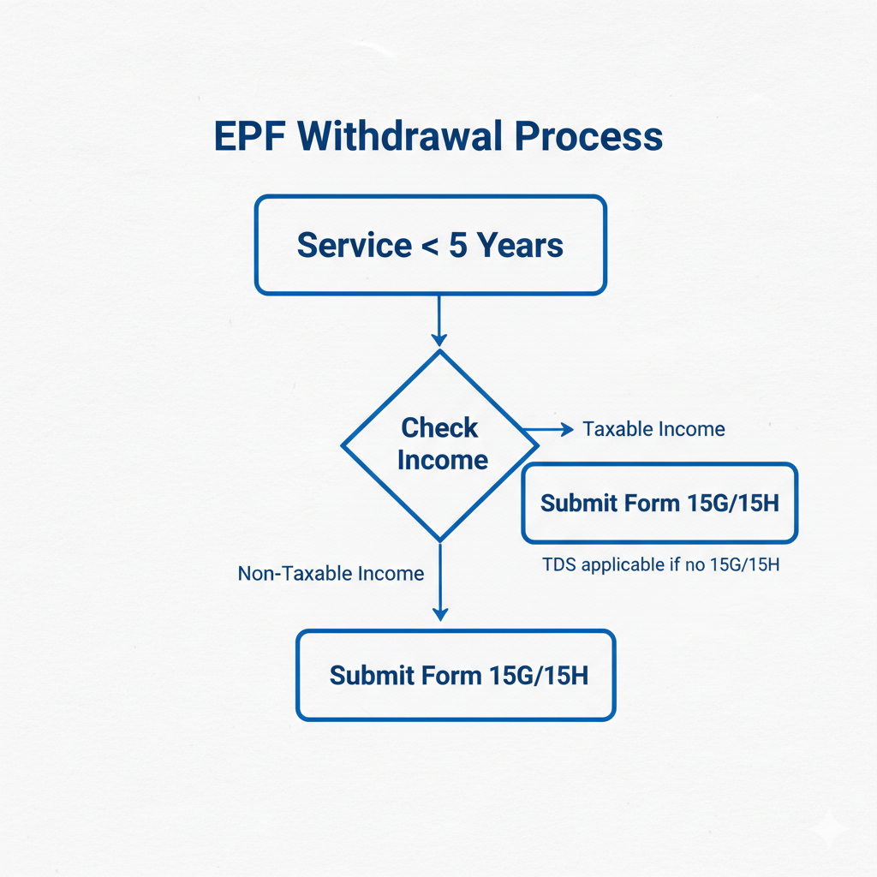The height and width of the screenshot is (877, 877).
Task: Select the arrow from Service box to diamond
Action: [438, 321]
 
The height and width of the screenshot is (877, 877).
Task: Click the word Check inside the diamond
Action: [439, 427]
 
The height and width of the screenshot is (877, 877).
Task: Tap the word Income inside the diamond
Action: [442, 460]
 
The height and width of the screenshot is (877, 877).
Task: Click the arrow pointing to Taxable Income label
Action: [548, 429]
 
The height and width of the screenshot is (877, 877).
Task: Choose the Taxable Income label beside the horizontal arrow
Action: [653, 429]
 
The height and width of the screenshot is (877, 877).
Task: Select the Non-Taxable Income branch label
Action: [331, 573]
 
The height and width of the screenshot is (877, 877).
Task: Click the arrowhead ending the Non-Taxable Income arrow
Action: [439, 613]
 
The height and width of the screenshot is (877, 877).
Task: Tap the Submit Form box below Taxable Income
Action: [659, 503]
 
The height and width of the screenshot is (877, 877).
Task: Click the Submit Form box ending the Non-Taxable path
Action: [456, 675]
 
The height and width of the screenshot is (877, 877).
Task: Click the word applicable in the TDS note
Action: [623, 565]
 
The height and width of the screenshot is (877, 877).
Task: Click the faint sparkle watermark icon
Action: [829, 829]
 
